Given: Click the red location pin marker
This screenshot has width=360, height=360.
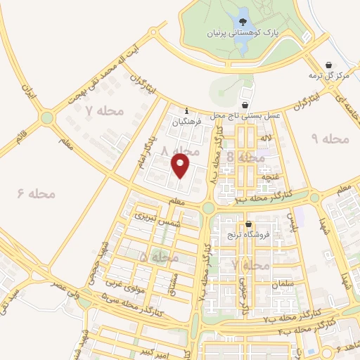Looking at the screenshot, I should [181, 166].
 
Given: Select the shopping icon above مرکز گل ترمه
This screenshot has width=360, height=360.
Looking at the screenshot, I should [330, 63].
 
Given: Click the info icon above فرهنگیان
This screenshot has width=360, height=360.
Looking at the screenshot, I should [186, 111].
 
